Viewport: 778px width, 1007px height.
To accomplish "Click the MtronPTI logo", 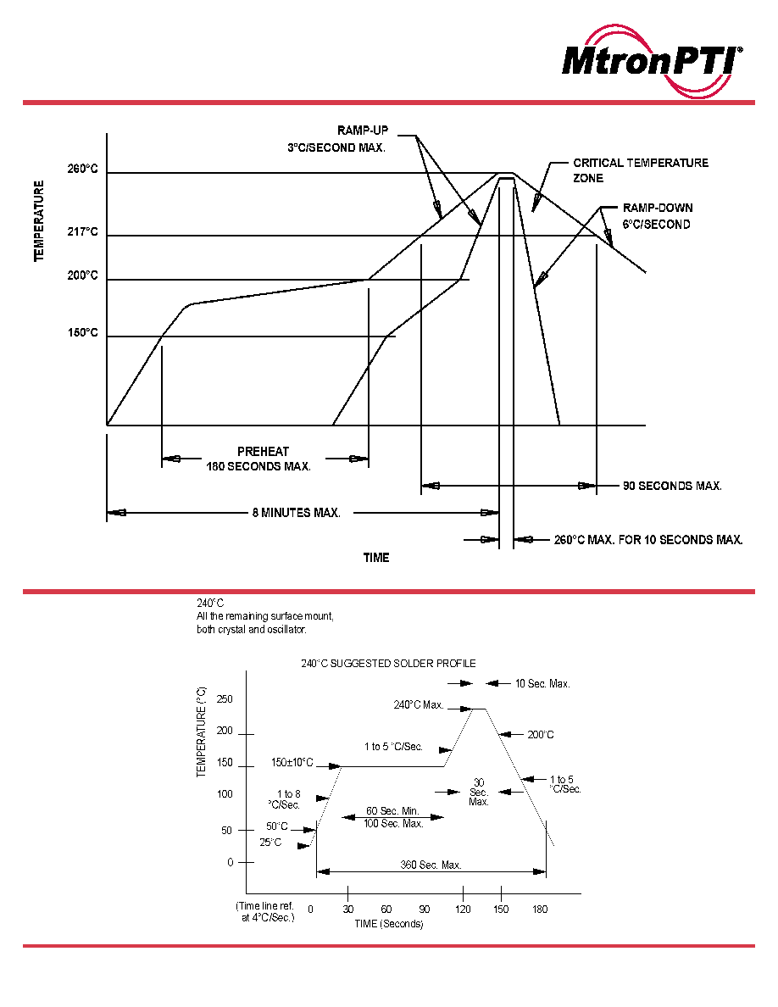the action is coord(653,62).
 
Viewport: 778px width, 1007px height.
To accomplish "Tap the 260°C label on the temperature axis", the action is coord(83,169).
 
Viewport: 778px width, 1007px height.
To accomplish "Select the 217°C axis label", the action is coord(83,231).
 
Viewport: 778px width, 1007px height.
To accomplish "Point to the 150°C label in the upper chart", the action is coord(83,332).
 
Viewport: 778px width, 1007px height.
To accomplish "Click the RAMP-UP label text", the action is coord(363,131).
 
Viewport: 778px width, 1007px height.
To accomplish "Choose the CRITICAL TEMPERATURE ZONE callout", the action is coord(641,170).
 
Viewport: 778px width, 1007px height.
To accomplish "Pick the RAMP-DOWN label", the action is coord(658,208).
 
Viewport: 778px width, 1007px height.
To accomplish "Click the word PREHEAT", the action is coord(264,452).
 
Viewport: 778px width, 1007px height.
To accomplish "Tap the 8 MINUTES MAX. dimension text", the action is coord(297,513).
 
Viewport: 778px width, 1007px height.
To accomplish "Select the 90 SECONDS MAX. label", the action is coord(673,487).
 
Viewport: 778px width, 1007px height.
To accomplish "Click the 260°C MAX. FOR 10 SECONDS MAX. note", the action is coord(648,540).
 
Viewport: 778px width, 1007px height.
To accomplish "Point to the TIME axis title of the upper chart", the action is coord(376,558).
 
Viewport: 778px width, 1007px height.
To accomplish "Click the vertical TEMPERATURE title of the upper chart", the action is coord(39,221).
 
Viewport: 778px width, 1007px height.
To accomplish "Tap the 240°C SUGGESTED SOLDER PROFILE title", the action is coord(388,664).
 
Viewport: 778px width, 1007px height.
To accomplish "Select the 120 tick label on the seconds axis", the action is coord(463,910).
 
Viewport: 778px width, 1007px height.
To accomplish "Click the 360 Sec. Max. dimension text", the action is coord(431,865).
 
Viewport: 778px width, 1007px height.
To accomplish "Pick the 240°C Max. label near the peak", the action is coord(419,705).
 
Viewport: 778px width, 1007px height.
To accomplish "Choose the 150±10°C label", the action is coord(292,763).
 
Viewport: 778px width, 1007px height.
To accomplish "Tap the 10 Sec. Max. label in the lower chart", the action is coord(542,684).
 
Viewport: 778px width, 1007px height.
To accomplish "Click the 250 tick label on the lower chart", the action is coord(225,699).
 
